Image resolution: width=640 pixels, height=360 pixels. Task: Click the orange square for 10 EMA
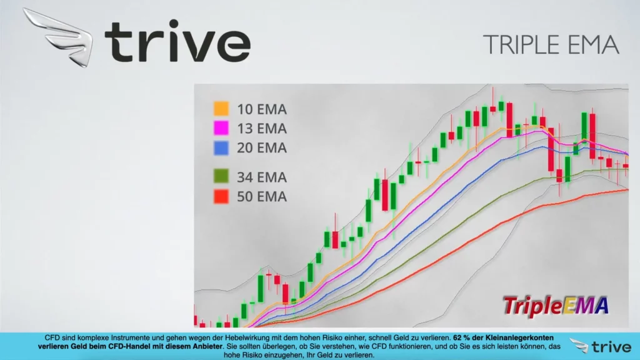(x=221, y=109)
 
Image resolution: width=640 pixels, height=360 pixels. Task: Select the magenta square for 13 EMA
(x=221, y=127)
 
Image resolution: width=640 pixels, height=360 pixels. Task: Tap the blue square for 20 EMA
(x=221, y=147)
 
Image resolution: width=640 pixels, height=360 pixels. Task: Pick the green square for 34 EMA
(x=221, y=176)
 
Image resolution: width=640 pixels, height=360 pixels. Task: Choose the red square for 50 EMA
(x=221, y=196)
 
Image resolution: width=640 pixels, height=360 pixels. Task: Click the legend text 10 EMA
(x=262, y=109)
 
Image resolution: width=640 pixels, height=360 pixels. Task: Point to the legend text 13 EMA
(x=262, y=129)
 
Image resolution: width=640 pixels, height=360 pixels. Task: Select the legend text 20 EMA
(x=262, y=147)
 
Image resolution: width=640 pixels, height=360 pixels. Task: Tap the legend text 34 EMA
(x=262, y=177)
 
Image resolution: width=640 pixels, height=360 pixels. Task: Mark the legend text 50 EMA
(x=262, y=197)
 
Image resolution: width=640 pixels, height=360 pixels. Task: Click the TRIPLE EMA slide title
(x=551, y=44)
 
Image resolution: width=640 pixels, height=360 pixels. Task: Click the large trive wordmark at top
(x=177, y=41)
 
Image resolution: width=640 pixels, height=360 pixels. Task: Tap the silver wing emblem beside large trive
(x=58, y=37)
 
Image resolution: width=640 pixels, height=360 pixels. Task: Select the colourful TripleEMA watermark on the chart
(x=556, y=306)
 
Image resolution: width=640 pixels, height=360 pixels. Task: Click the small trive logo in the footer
(x=601, y=346)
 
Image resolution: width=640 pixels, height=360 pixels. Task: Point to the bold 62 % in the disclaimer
(x=461, y=338)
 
